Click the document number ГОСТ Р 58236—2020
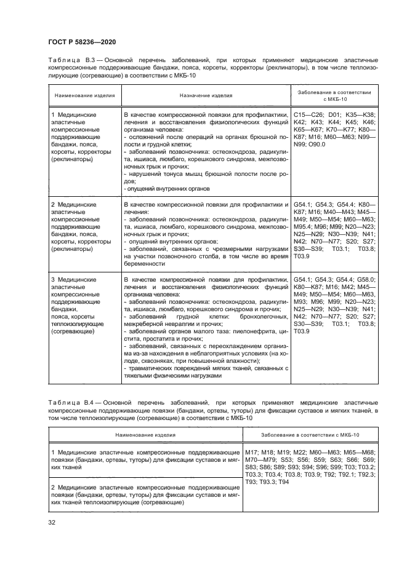pyautogui.click(x=79, y=42)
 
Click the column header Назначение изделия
pyautogui.click(x=206, y=96)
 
